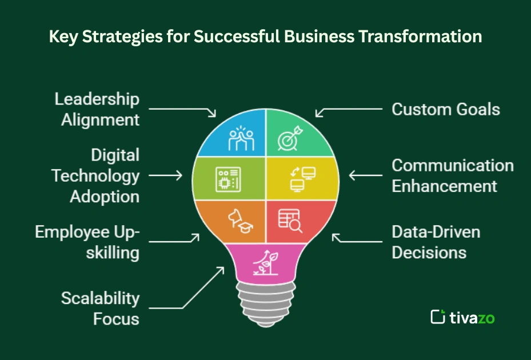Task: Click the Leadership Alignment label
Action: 97,109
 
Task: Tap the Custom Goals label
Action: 445,109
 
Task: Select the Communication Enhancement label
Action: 452,175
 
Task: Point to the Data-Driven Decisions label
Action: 436,242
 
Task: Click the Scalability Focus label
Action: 100,307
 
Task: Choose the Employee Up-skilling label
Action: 87,242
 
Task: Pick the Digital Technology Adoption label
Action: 95,175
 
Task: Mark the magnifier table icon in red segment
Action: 290,220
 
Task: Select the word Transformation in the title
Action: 421,37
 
